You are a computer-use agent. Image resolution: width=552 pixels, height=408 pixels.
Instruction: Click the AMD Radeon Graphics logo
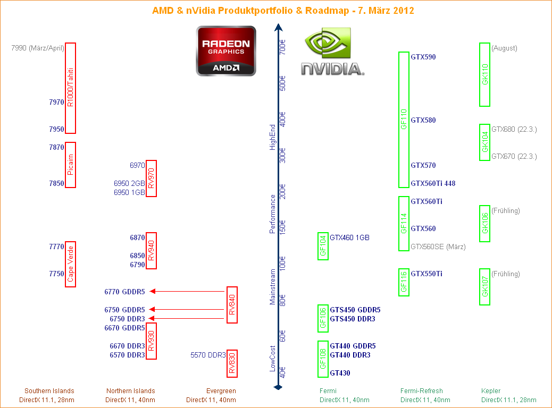pos(226,51)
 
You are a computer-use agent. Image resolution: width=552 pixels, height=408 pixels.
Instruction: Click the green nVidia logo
pos(332,53)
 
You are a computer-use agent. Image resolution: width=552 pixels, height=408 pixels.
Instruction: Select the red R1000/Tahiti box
pos(70,88)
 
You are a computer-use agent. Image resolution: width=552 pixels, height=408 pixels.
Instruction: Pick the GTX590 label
pos(423,57)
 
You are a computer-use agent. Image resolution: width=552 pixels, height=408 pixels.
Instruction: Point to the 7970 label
pos(56,102)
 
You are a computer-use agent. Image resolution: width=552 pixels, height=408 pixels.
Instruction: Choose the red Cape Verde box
pos(70,265)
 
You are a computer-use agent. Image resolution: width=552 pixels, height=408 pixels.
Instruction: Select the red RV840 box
pos(232,305)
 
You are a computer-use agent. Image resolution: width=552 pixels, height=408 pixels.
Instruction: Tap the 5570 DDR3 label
pos(208,355)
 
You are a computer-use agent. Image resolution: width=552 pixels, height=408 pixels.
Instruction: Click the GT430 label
pos(340,373)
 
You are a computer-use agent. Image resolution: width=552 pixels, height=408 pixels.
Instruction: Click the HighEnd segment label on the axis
pos(273,138)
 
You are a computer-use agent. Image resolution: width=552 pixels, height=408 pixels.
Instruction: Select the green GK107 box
pos(484,287)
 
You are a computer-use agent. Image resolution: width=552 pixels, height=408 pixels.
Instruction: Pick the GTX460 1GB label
pos(349,237)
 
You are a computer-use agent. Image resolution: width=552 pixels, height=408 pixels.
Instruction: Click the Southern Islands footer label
pos(49,391)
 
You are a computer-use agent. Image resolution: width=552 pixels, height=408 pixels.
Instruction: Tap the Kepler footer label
pos(490,391)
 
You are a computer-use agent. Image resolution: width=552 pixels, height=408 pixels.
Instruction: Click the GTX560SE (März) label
pos(438,246)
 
